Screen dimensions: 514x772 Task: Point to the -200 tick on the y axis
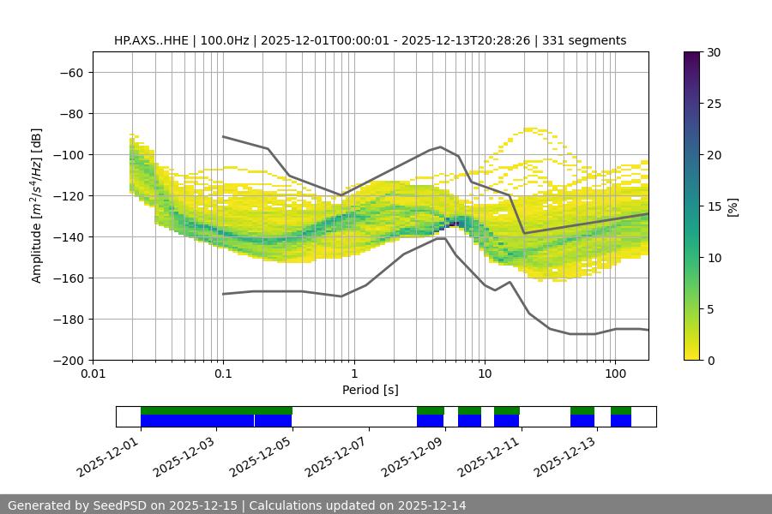(69, 361)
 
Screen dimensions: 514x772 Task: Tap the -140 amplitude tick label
(69, 237)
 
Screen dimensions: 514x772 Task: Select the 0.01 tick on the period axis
(93, 374)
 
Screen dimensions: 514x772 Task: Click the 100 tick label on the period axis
(614, 374)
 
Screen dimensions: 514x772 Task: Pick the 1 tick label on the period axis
(353, 374)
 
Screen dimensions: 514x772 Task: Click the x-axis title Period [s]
(371, 390)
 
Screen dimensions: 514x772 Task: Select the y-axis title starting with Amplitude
(37, 206)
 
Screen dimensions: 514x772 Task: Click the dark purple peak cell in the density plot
(453, 224)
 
